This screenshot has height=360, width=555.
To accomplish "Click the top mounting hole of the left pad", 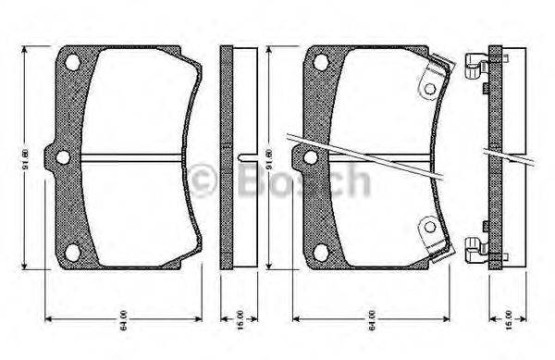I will coord(72,62).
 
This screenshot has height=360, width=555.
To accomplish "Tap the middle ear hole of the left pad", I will coord(62,157).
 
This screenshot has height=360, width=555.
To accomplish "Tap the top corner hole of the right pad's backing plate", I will coord(320,62).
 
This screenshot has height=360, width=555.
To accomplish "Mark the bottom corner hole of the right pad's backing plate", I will coord(320,252).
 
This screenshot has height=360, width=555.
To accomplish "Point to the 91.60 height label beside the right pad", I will coord(269,157).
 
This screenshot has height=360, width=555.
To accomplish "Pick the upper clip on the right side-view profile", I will coord(477,66).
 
